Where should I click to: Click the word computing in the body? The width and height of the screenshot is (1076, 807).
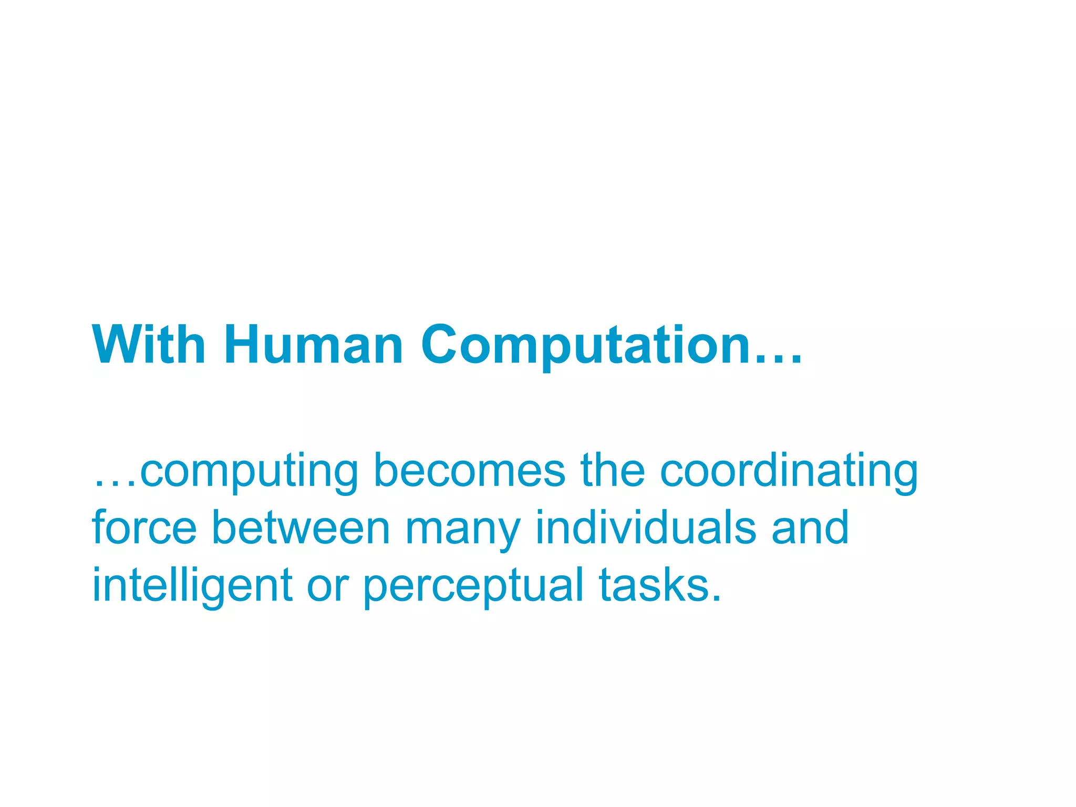point(249,473)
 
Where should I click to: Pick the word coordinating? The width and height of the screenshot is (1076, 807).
point(789,473)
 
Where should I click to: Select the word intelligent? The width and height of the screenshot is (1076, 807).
point(192,586)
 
